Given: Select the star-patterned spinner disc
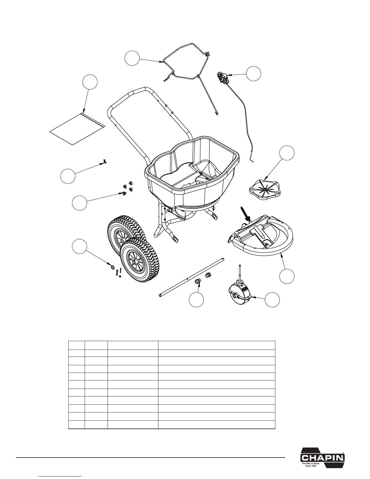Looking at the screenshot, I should (263, 190).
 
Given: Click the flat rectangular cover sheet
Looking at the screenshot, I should (77, 129).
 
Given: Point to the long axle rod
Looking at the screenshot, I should (191, 277).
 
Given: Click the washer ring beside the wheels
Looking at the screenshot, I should (112, 266).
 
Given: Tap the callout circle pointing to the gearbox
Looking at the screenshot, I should (272, 300).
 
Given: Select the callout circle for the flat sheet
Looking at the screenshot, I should (90, 82).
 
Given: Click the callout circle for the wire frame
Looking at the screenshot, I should (133, 58).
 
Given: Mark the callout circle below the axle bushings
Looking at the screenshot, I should (196, 300).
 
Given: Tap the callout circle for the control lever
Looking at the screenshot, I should (253, 73).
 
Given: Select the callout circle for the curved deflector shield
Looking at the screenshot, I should (286, 276).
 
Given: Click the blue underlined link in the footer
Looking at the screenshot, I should (60, 476).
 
